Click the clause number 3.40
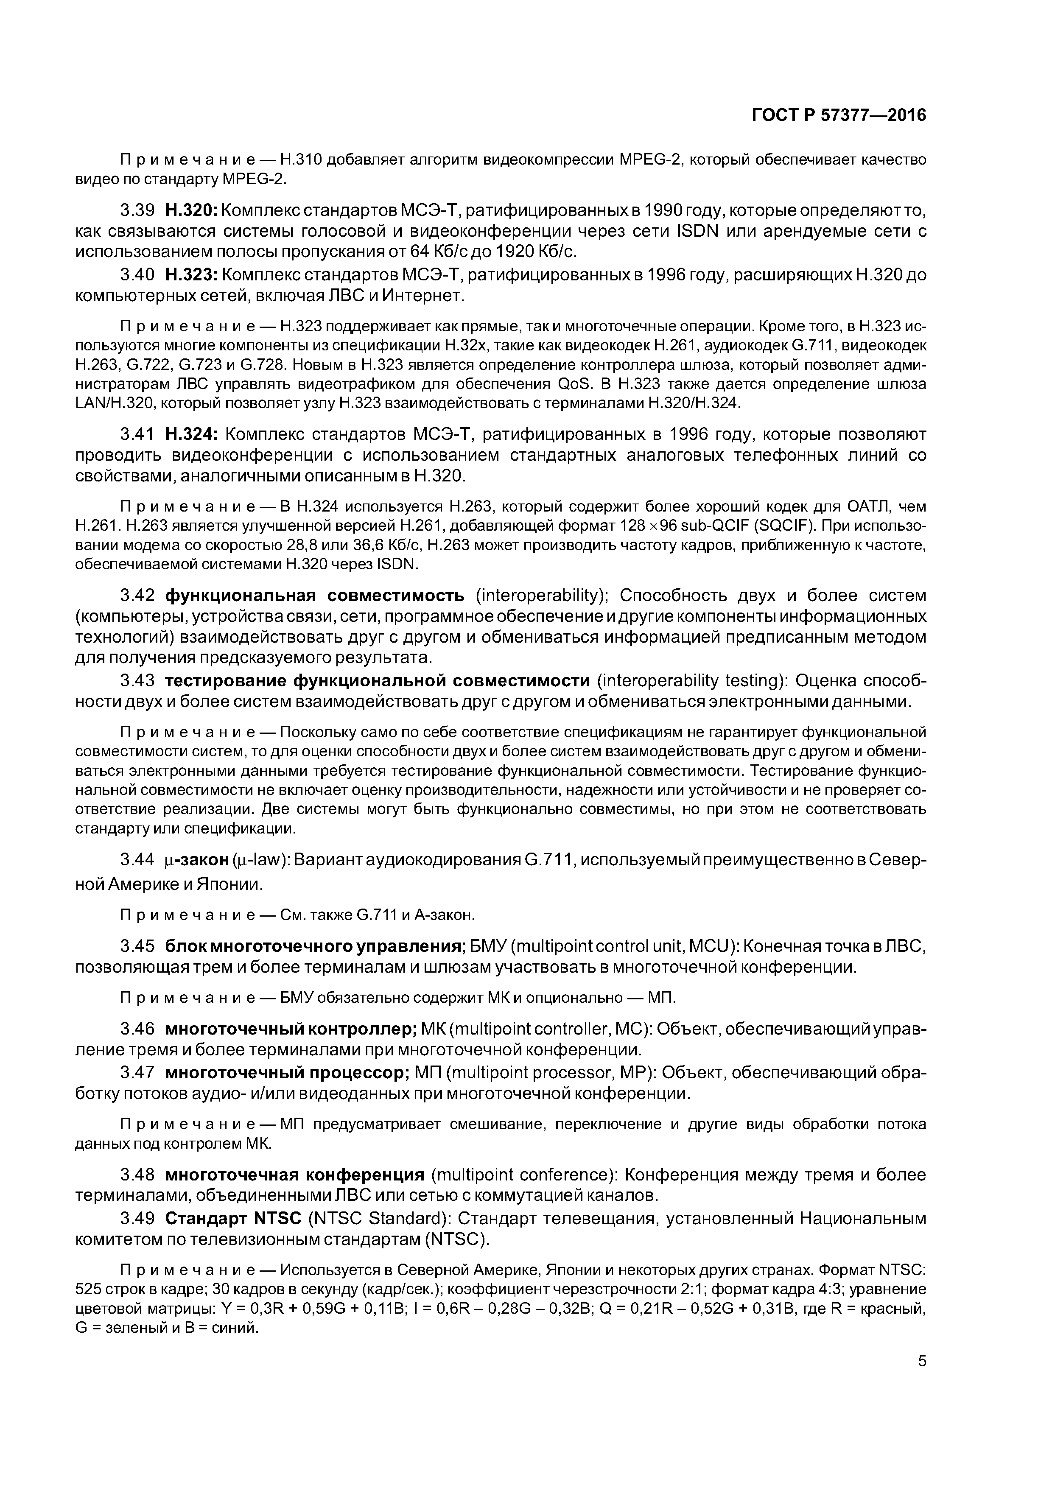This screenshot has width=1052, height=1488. [137, 275]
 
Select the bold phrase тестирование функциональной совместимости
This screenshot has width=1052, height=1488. [377, 681]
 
